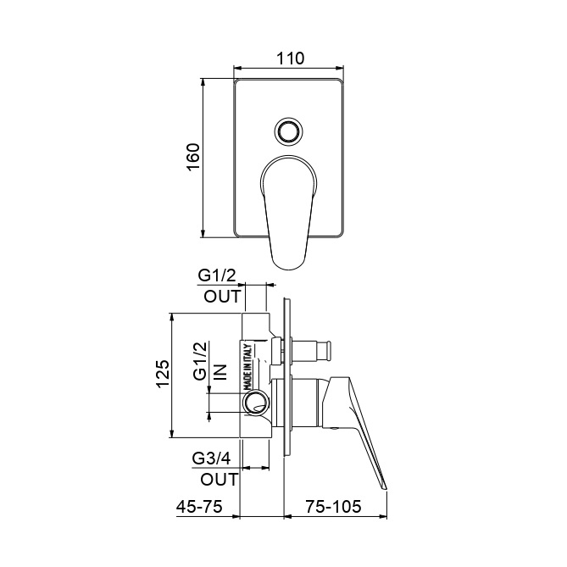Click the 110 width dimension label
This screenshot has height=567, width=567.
(291, 58)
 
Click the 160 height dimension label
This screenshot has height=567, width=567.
(193, 157)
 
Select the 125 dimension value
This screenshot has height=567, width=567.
(163, 374)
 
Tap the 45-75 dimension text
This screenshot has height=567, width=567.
(199, 507)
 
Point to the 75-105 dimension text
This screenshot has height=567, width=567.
(333, 507)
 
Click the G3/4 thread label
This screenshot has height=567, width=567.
(211, 459)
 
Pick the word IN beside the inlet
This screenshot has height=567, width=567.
(220, 372)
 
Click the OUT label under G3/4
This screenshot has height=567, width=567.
(220, 480)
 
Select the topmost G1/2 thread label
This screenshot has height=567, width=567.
(217, 276)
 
